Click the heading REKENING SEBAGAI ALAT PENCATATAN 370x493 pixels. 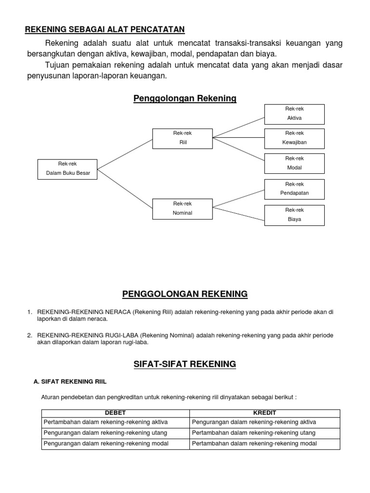pyautogui.click(x=105, y=30)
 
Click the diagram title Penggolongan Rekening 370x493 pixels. pyautogui.click(x=185, y=98)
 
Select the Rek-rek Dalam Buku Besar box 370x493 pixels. pyautogui.click(x=67, y=169)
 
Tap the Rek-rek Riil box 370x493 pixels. pyautogui.click(x=182, y=138)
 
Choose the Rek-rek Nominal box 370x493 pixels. pyautogui.click(x=182, y=208)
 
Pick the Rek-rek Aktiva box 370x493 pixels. pyautogui.click(x=294, y=114)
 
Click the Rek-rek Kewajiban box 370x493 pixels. pyautogui.click(x=294, y=138)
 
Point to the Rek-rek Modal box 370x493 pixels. pyautogui.click(x=294, y=163)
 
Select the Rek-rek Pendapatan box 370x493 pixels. pyautogui.click(x=294, y=189)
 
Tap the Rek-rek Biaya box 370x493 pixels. pyautogui.click(x=294, y=215)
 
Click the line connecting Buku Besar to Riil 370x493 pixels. pyautogui.click(x=125, y=154)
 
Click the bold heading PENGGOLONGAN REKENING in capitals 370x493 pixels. pyautogui.click(x=185, y=294)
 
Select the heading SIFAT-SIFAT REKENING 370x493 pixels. pyautogui.click(x=185, y=364)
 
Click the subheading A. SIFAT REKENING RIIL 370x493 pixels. pyautogui.click(x=70, y=381)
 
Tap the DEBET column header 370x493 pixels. pyautogui.click(x=115, y=413)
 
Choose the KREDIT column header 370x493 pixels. pyautogui.click(x=264, y=413)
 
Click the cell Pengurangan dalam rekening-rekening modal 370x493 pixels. pyautogui.click(x=106, y=443)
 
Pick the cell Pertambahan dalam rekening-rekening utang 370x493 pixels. pyautogui.click(x=254, y=433)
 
